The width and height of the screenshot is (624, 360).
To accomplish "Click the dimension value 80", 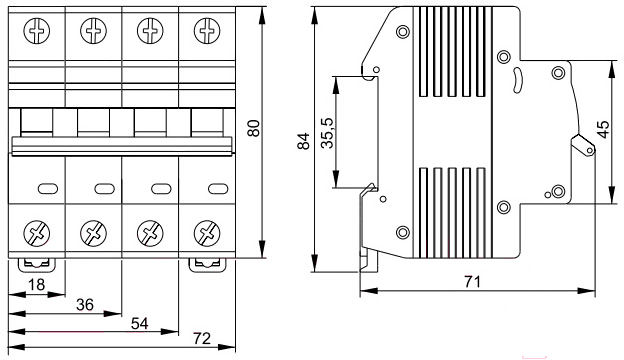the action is click(x=254, y=128).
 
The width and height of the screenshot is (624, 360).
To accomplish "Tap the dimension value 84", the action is click(x=304, y=141).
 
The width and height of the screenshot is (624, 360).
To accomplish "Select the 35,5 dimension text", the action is click(x=328, y=133).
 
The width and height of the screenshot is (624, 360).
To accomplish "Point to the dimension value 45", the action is click(x=603, y=130).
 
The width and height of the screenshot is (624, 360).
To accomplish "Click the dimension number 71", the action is click(x=472, y=282).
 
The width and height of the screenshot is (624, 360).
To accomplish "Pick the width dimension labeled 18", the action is click(x=36, y=285).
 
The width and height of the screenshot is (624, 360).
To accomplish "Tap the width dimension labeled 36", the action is click(x=85, y=305).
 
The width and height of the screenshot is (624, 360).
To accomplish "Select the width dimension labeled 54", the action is click(x=140, y=324).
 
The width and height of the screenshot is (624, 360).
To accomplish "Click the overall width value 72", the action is click(x=202, y=339).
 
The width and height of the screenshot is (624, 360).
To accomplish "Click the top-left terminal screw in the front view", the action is click(x=37, y=31).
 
